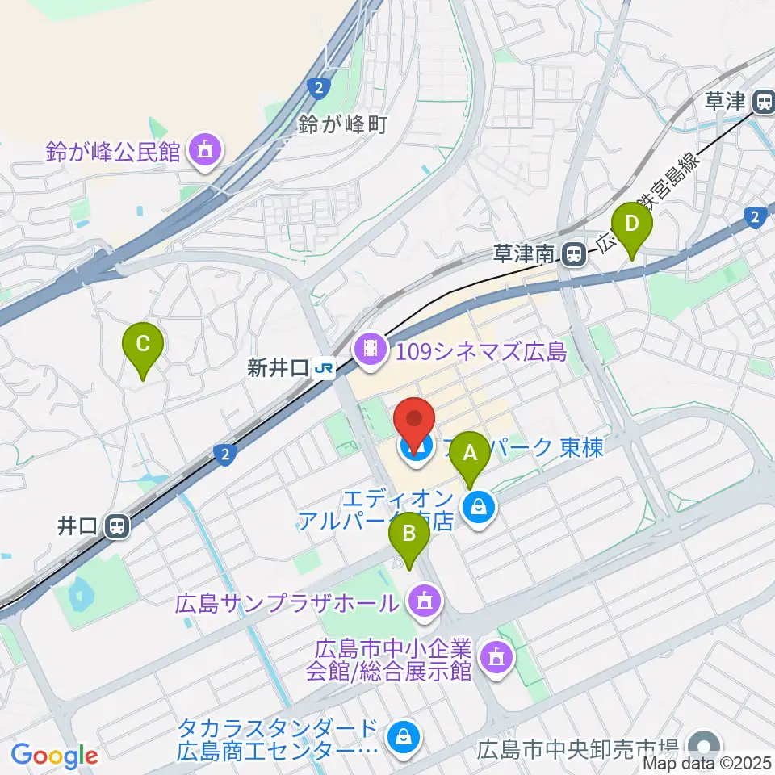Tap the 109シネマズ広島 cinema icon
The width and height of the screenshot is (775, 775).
click(370, 350)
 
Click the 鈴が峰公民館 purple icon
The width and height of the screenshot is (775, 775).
click(203, 150)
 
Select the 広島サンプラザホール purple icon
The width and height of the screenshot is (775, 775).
click(422, 601)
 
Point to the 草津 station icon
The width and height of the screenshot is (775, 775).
click(762, 102)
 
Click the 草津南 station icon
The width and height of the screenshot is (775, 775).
click(574, 254)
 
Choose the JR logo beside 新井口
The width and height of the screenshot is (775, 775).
click(325, 369)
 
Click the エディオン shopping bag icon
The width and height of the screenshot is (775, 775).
click(479, 507)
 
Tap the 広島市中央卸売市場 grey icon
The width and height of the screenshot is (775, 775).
click(705, 743)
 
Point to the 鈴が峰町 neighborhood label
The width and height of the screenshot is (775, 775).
click(343, 124)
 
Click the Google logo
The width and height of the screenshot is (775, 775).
click(54, 756)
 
